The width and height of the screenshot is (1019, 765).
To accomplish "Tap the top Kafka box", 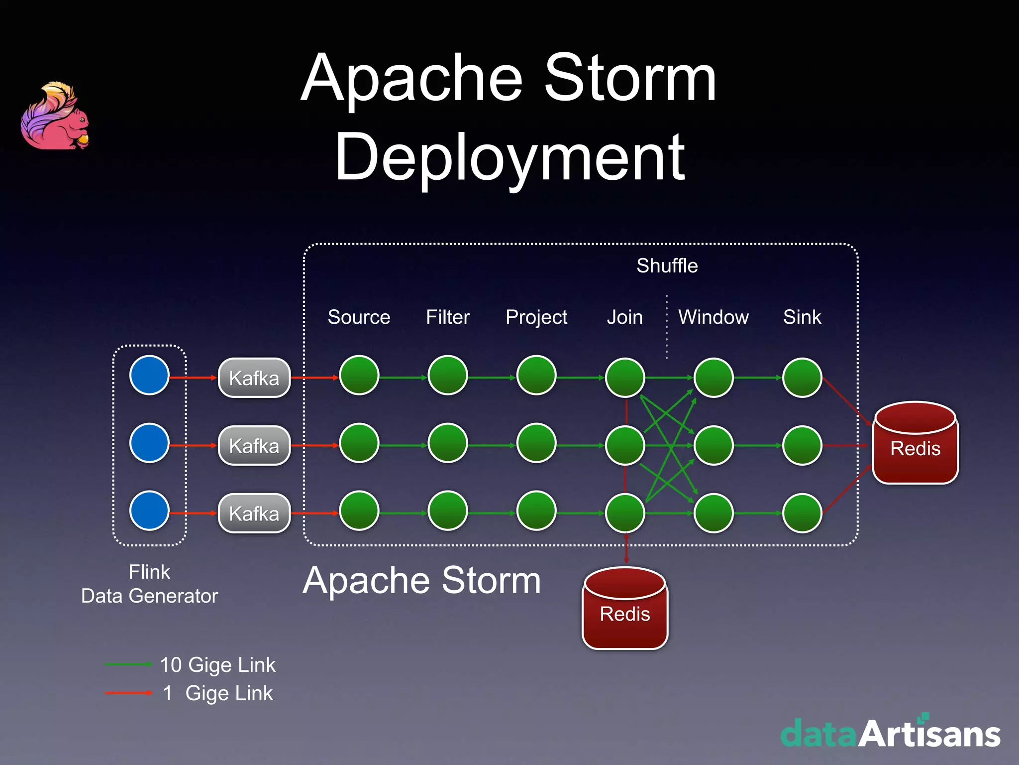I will click(x=254, y=378).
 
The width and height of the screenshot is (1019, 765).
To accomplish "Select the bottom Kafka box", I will click(x=254, y=513).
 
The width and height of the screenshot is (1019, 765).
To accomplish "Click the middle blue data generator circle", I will click(x=149, y=443).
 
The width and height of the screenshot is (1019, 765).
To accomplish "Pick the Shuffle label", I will click(x=667, y=266).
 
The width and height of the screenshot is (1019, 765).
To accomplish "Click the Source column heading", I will click(x=359, y=317).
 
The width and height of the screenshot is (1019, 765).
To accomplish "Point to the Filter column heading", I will click(x=448, y=317).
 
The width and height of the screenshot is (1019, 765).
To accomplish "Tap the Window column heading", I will click(x=713, y=317).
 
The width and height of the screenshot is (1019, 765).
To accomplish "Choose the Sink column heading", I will click(x=802, y=317).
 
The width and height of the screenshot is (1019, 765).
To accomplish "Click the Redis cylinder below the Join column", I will click(x=625, y=609).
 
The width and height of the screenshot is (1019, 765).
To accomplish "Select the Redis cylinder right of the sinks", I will click(x=915, y=443).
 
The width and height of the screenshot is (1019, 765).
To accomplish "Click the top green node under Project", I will click(x=536, y=375).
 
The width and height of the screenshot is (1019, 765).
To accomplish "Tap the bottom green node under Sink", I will click(x=802, y=513).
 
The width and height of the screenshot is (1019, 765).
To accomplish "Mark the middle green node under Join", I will click(x=625, y=445).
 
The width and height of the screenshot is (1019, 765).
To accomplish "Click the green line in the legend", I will click(x=128, y=664).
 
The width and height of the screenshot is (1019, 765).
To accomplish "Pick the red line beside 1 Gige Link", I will click(x=128, y=693).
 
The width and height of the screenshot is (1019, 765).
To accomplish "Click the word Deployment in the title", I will click(x=509, y=157).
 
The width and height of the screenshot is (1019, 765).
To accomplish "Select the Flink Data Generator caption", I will click(x=149, y=584).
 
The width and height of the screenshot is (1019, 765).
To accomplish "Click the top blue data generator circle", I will click(x=149, y=375).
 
